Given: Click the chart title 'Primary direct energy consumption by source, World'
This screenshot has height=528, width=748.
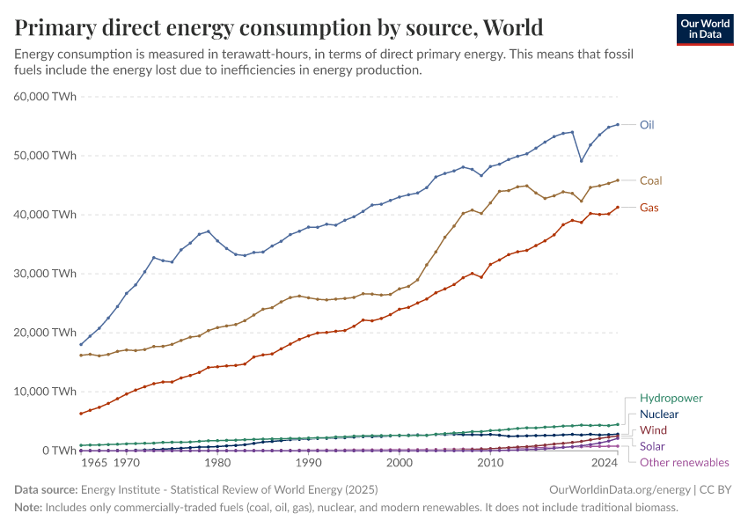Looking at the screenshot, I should click(x=278, y=27).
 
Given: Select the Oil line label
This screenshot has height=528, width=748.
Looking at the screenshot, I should click(x=647, y=125).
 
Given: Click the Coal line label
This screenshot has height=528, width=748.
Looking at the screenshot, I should click(x=650, y=180).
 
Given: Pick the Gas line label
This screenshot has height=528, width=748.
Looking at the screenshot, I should click(x=649, y=208).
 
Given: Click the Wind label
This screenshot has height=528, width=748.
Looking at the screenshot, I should click(x=653, y=430).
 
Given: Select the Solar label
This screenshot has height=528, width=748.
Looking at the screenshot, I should click(x=654, y=446).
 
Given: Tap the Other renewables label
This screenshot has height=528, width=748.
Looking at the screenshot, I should click(x=684, y=462).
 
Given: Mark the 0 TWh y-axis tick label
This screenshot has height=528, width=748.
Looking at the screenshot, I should click(x=59, y=451).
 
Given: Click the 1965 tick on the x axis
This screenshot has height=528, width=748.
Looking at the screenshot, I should click(x=94, y=462).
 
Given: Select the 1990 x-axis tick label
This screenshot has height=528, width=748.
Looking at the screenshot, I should click(x=307, y=462).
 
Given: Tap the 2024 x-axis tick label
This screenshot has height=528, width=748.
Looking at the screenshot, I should click(x=605, y=462).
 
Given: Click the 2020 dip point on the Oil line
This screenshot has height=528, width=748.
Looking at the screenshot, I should click(x=581, y=160).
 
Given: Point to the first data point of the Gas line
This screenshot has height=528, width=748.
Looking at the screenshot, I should click(x=81, y=414).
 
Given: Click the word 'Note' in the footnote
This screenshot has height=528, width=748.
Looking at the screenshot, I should click(x=29, y=507).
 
